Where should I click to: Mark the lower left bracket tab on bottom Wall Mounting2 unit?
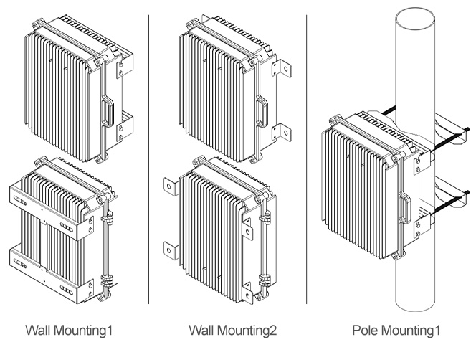pos(169,248)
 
